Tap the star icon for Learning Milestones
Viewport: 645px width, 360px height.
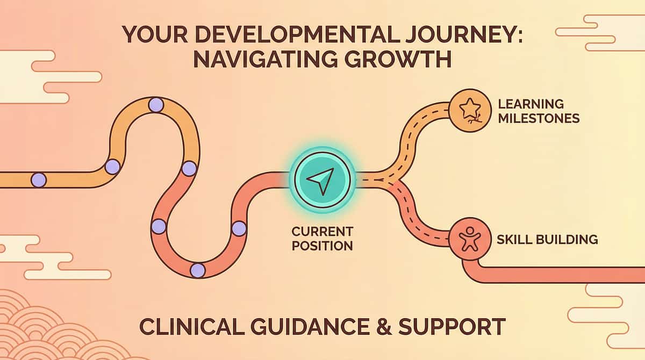pos(470,109)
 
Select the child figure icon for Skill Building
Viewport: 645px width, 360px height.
pos(470,239)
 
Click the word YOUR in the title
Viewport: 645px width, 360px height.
pos(155,34)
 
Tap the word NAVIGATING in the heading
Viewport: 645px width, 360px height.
pos(265,59)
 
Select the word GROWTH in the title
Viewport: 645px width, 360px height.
pos(398,59)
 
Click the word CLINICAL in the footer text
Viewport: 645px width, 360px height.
pos(192,326)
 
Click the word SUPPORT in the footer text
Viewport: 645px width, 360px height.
pos(452,326)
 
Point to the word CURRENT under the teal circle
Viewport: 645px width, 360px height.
pos(322,232)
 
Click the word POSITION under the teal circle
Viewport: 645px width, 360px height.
pos(322,246)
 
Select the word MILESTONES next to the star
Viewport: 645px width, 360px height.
pos(539,119)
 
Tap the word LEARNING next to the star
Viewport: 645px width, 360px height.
pos(531,104)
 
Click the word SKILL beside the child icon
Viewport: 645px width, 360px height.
pos(513,240)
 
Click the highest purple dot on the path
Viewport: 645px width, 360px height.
pos(156,105)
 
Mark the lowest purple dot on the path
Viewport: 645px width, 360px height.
pos(198,270)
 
